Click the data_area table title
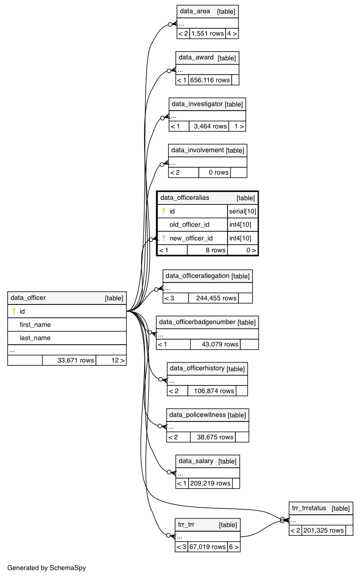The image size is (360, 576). click(x=195, y=11)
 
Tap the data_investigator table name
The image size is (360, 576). click(x=197, y=104)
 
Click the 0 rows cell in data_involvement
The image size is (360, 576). click(x=215, y=172)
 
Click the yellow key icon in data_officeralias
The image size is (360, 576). click(x=164, y=211)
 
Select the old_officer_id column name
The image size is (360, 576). click(x=189, y=224)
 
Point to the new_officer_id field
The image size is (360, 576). click(x=191, y=238)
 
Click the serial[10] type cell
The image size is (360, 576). click(x=242, y=211)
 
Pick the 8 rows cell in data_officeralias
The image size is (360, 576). click(x=207, y=250)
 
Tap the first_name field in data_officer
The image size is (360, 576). click(x=35, y=325)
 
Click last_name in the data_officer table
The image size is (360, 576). click(x=35, y=338)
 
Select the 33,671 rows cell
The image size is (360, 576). click(x=69, y=360)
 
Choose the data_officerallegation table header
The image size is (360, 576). click(x=197, y=276)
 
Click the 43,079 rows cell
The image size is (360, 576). click(x=215, y=344)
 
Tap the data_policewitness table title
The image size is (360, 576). click(x=197, y=415)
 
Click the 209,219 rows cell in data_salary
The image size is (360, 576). click(x=210, y=483)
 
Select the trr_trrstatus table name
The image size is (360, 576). click(x=309, y=508)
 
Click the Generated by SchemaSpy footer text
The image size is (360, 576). click(x=47, y=568)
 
